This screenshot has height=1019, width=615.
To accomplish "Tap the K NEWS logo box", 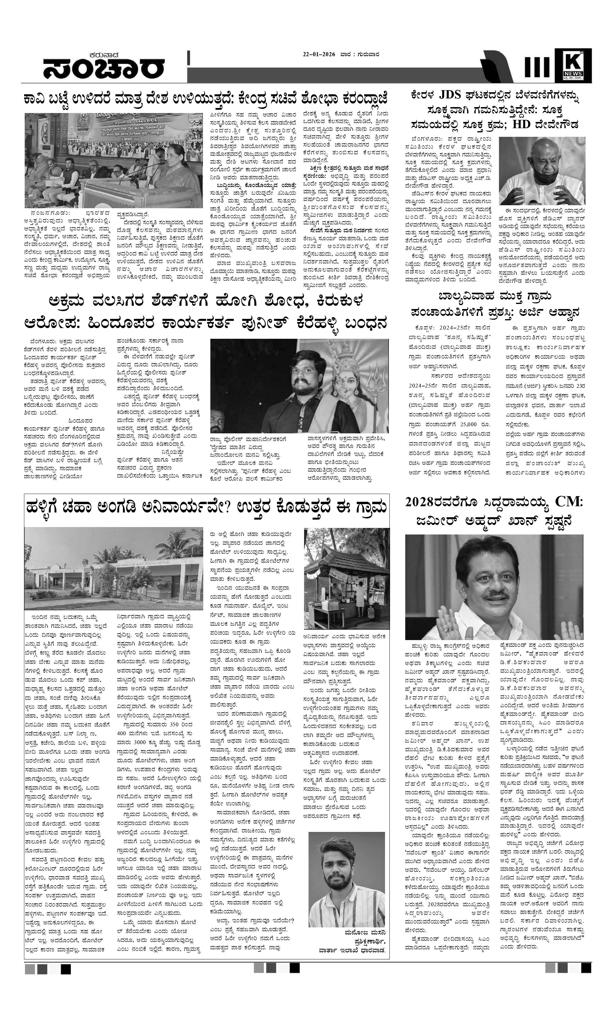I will pyautogui.click(x=572, y=65).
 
